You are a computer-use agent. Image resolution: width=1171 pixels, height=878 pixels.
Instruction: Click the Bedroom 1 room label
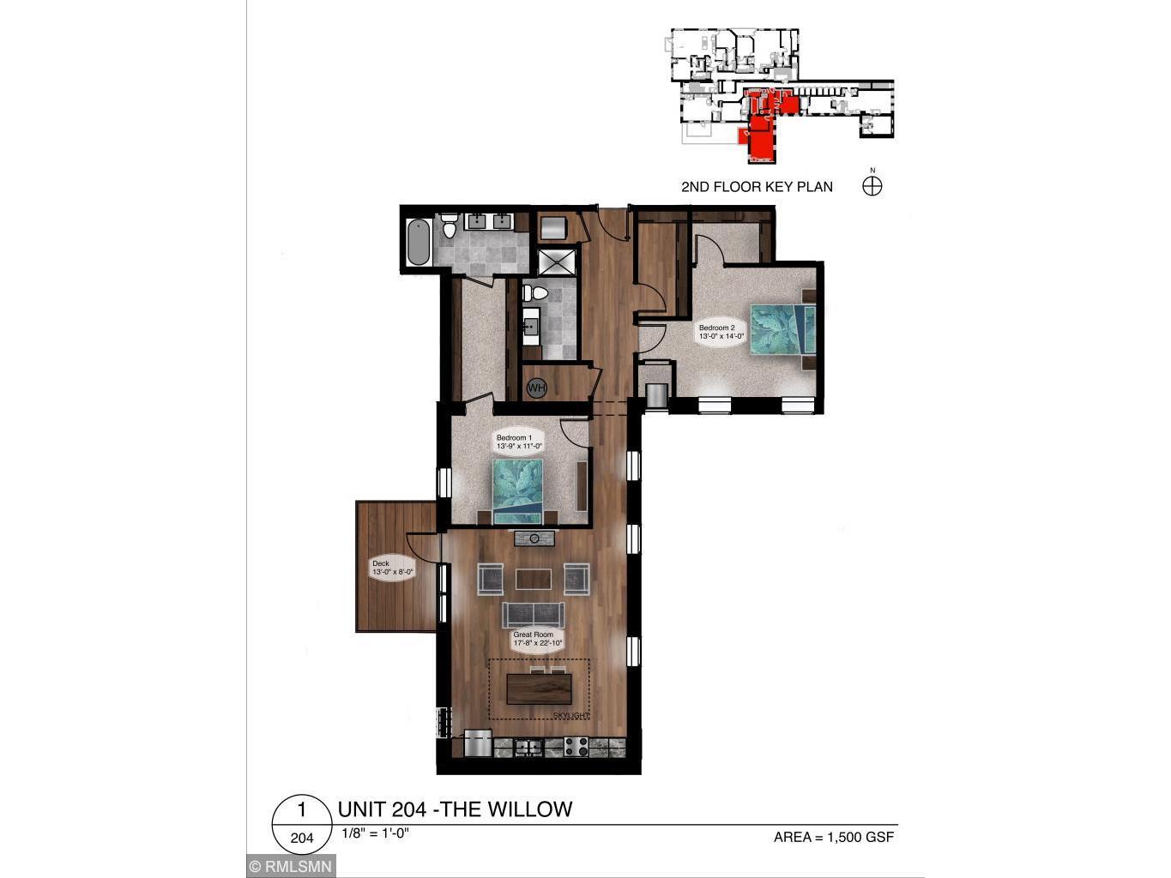coord(519,442)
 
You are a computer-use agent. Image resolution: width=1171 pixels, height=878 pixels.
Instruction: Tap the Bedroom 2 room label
coord(721,332)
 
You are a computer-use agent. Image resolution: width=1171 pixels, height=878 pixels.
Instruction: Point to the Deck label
coord(392,568)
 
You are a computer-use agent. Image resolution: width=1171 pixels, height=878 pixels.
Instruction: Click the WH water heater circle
coord(536,388)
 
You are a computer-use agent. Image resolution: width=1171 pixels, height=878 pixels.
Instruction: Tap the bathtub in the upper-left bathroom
coord(418,243)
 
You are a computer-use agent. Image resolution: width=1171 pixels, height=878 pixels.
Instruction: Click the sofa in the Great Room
coord(533,614)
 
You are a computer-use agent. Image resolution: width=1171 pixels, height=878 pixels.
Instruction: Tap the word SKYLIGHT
coord(570,715)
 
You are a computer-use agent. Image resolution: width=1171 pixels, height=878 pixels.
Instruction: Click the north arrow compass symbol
coord(872,185)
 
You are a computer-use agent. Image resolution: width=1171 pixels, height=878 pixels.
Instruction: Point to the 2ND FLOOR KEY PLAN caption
coord(757,187)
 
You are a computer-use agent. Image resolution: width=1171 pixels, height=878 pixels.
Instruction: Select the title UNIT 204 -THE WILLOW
coord(455,809)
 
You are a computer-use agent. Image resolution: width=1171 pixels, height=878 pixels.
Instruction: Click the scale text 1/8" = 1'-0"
coord(375,833)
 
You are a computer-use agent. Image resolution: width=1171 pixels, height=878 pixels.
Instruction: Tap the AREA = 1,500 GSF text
coord(833,837)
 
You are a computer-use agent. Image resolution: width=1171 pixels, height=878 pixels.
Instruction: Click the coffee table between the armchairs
coord(534,580)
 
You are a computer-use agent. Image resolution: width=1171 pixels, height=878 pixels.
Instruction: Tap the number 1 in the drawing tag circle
coord(302,810)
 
